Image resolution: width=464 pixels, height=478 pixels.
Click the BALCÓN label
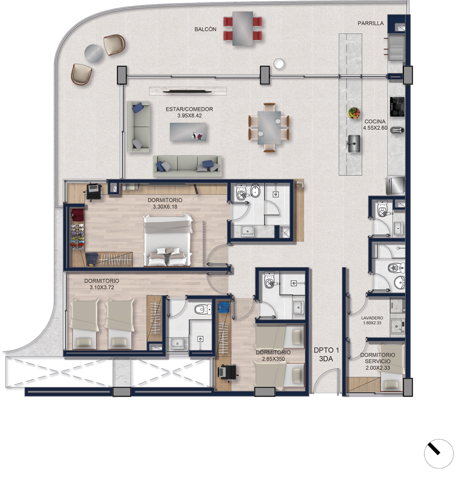[205, 29]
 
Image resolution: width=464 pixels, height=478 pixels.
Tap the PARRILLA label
[371, 23]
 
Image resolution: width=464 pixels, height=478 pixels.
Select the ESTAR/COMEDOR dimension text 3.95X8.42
[190, 116]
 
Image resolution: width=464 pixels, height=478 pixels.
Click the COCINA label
[375, 121]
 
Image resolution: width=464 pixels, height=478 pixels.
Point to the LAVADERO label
[372, 317]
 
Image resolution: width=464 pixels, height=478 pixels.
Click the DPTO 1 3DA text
[326, 355]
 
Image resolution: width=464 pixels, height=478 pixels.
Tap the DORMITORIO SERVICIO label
[378, 358]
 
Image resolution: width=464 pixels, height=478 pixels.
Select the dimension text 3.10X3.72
[102, 287]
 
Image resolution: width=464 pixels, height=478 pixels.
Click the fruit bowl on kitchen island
[354, 113]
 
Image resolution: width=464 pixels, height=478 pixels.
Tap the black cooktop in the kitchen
[397, 106]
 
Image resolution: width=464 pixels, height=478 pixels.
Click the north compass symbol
[439, 454]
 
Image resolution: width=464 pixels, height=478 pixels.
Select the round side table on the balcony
[93, 53]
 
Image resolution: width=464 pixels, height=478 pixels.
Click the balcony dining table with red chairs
[243, 28]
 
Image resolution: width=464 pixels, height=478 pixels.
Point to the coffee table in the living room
[188, 132]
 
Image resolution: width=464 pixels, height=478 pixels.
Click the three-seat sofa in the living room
[187, 166]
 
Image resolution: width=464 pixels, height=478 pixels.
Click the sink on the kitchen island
[354, 143]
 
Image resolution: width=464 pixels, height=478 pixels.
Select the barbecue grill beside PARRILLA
[396, 47]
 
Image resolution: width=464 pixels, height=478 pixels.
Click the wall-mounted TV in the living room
[188, 91]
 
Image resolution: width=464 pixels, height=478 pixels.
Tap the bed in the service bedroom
[392, 367]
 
